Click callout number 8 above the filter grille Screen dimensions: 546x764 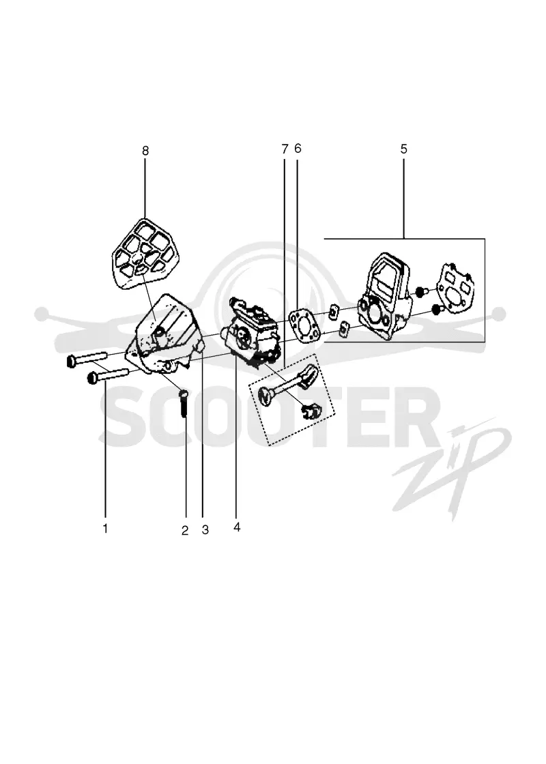pyautogui.click(x=145, y=151)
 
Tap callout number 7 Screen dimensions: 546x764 pyautogui.click(x=285, y=149)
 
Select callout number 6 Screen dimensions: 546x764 pyautogui.click(x=298, y=148)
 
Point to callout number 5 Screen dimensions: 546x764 pyautogui.click(x=403, y=149)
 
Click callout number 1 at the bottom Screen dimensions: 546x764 pyautogui.click(x=105, y=528)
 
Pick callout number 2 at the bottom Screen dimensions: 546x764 pyautogui.click(x=185, y=531)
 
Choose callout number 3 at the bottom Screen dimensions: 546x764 pyautogui.click(x=205, y=529)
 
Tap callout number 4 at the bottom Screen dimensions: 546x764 pyautogui.click(x=237, y=527)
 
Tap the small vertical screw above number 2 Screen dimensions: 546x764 pyautogui.click(x=184, y=402)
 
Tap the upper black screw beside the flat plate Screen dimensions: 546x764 pyautogui.click(x=420, y=292)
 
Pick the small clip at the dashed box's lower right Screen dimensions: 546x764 pyautogui.click(x=310, y=412)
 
